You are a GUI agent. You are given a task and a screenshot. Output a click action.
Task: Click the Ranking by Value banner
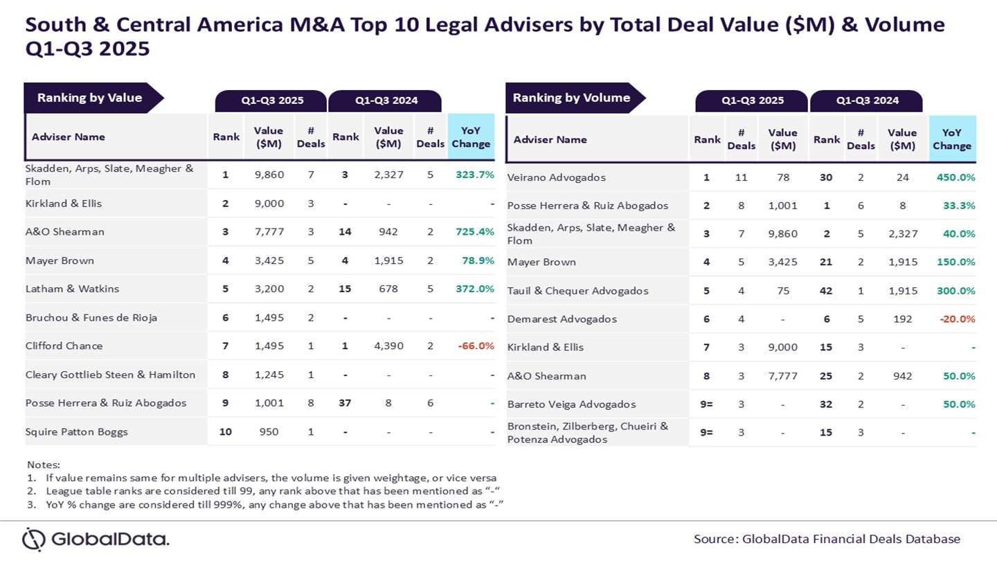90,98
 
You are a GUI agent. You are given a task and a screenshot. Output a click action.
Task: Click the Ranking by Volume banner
572,98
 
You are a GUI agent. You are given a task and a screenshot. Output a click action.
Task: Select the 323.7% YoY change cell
475,175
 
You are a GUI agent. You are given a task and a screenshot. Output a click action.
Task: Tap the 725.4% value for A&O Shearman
475,231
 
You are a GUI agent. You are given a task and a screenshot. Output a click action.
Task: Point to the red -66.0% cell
475,346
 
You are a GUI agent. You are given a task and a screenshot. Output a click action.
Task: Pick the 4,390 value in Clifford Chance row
388,346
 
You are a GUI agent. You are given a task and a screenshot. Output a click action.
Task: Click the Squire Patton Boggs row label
77,431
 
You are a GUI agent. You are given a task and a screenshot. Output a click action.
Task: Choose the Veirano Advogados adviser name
557,177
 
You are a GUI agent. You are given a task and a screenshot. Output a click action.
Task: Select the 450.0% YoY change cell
956,177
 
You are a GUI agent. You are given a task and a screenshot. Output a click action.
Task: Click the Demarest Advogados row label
562,319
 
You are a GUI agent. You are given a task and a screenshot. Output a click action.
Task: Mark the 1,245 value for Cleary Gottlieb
269,375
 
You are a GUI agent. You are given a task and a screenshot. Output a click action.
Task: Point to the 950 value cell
269,431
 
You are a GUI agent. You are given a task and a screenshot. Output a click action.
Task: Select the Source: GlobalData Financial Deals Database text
827,539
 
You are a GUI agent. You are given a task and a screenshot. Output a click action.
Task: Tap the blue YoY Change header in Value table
471,137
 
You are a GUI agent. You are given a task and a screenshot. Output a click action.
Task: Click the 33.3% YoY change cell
959,206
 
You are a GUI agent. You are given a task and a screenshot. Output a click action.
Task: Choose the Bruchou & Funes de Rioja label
91,317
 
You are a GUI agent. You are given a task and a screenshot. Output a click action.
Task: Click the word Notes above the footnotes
43,464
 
